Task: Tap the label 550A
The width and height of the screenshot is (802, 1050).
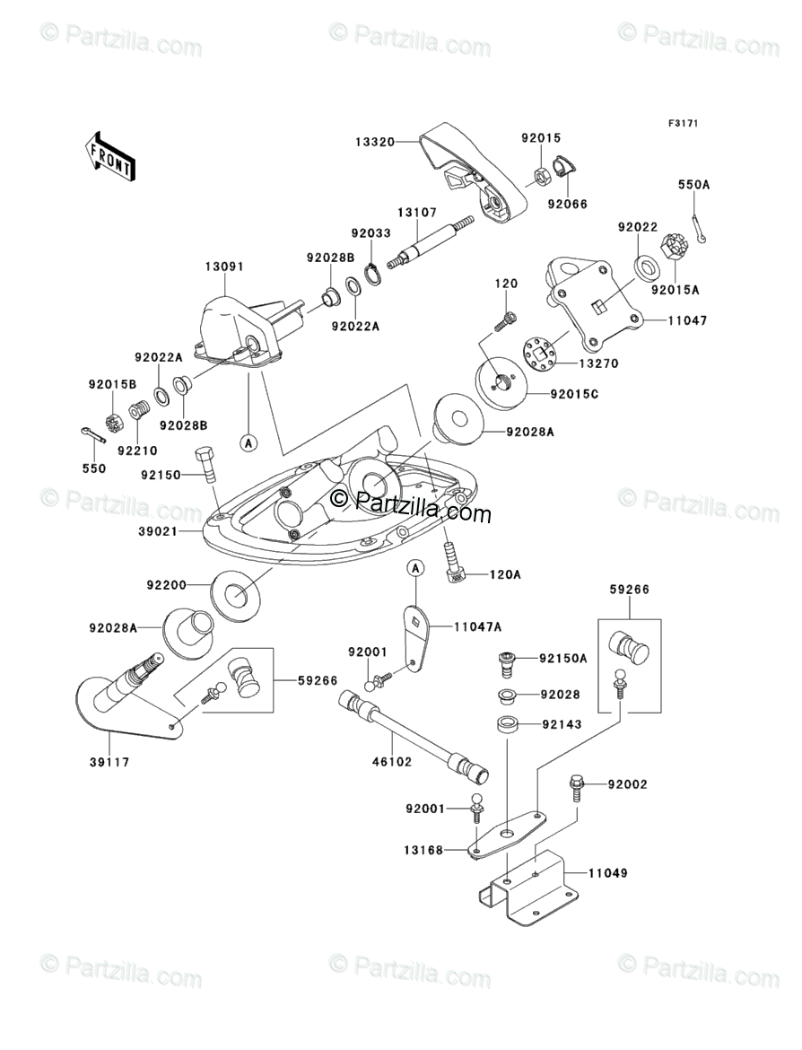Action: click(693, 185)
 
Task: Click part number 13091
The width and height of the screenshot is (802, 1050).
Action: click(223, 267)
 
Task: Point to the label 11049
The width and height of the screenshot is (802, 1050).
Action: click(608, 872)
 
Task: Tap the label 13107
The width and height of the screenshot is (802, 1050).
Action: click(416, 213)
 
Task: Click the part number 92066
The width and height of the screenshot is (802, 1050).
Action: click(568, 205)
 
